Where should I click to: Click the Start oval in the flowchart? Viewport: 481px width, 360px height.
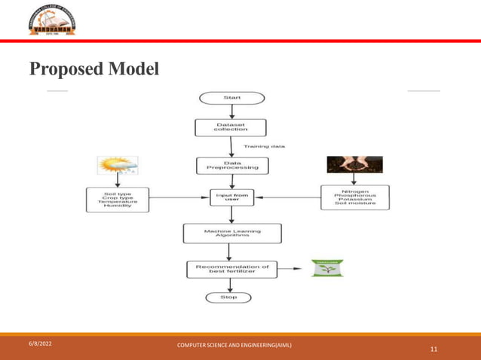pyautogui.click(x=231, y=98)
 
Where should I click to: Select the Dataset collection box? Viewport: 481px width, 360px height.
pyautogui.click(x=231, y=127)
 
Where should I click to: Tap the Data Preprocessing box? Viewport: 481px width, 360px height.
pyautogui.click(x=231, y=164)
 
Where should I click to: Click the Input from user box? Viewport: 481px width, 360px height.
pyautogui.click(x=231, y=197)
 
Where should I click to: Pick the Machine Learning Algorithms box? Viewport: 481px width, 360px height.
pyautogui.click(x=232, y=233)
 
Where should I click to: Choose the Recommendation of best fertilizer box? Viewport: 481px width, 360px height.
pyautogui.click(x=231, y=268)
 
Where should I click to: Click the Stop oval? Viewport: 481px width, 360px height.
pyautogui.click(x=228, y=297)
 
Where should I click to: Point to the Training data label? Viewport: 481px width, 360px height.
pyautogui.click(x=264, y=146)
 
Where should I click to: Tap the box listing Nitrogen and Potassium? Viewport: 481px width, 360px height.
pyautogui.click(x=354, y=197)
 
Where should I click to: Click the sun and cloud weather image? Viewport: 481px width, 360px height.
pyautogui.click(x=116, y=166)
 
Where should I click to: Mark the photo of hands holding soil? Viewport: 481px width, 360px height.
pyautogui.click(x=354, y=165)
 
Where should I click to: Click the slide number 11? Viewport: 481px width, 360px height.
pyautogui.click(x=434, y=349)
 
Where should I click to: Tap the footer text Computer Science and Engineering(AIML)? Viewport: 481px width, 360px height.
pyautogui.click(x=234, y=345)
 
